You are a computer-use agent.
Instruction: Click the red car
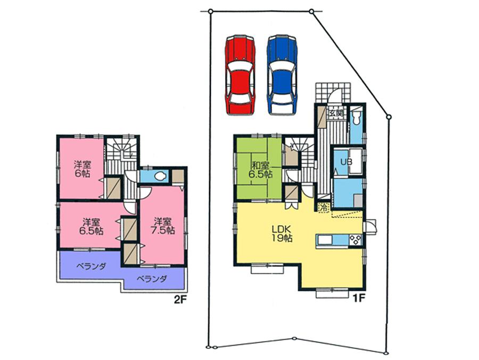(x=240, y=75)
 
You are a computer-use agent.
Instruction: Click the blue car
(x=282, y=75)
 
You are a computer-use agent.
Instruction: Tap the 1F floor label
(x=358, y=298)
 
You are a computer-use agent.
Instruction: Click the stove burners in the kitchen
(x=355, y=240)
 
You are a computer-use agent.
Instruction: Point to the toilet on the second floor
(x=158, y=176)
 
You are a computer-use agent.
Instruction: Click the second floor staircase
(x=121, y=154)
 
